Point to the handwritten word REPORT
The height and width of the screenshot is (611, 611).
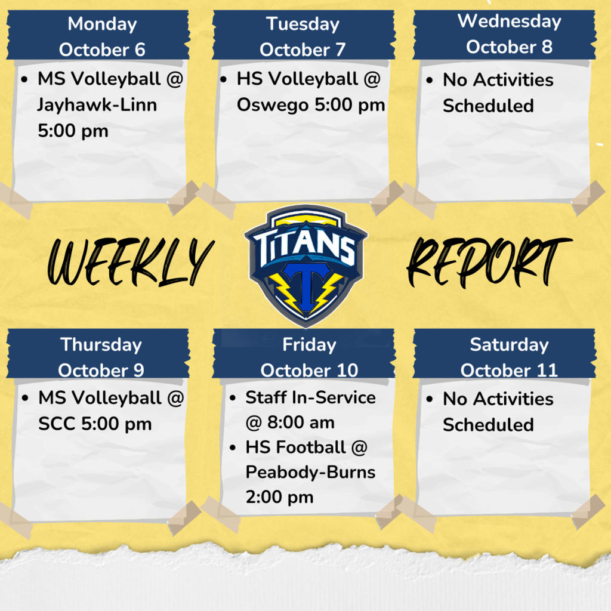pyautogui.click(x=488, y=261)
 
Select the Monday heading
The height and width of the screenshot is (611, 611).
pyautogui.click(x=102, y=24)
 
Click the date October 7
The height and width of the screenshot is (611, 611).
pyautogui.click(x=303, y=50)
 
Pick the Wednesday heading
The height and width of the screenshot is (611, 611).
pyautogui.click(x=509, y=21)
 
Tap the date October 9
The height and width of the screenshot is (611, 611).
pyautogui.click(x=101, y=370)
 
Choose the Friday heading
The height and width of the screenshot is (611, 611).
pyautogui.click(x=309, y=344)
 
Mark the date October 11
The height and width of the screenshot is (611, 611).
pyautogui.click(x=509, y=370)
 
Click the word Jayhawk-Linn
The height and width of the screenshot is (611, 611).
pyautogui.click(x=97, y=105)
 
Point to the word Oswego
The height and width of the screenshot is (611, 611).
pyautogui.click(x=272, y=105)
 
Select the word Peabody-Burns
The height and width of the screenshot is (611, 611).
pyautogui.click(x=310, y=472)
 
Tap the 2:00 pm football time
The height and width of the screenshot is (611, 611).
pyautogui.click(x=279, y=497)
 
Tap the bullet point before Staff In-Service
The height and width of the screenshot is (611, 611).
pyautogui.click(x=234, y=398)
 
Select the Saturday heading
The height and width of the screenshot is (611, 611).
pyautogui.click(x=509, y=344)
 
